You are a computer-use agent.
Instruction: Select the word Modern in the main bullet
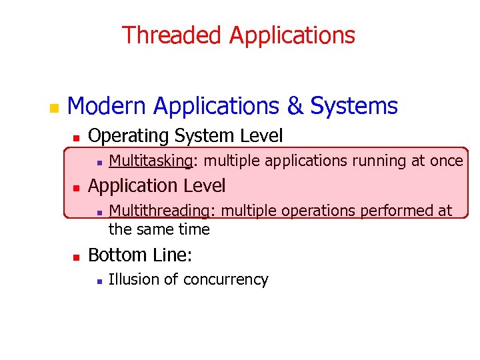point(107,106)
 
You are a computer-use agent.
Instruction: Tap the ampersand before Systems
point(294,106)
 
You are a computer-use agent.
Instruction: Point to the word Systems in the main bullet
point(354,106)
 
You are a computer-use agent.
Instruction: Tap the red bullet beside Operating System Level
point(76,137)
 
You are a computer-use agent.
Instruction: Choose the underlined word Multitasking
point(151,161)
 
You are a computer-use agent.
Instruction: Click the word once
point(446,161)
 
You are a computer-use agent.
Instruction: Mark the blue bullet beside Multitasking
point(98,162)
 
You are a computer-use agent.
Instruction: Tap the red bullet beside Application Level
point(76,187)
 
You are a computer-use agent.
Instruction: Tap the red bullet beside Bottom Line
point(76,256)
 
